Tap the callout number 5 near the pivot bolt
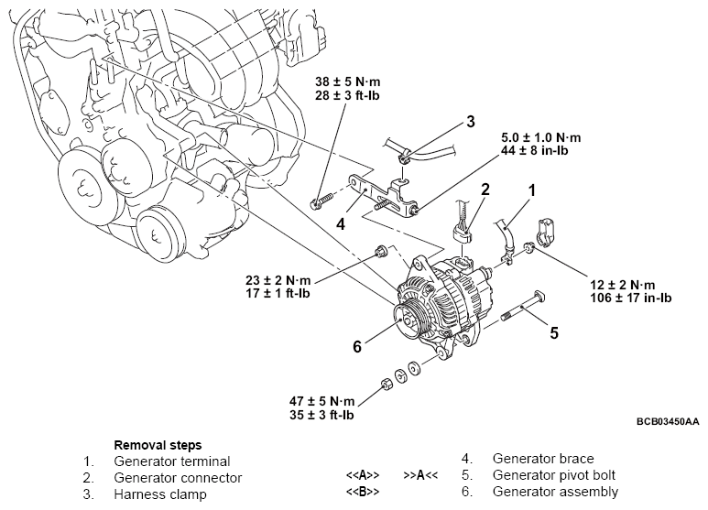[x=553, y=332]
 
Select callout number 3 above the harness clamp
[x=470, y=121]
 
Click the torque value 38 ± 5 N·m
[x=341, y=80]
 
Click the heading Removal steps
[x=158, y=444]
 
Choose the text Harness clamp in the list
[x=160, y=494]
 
